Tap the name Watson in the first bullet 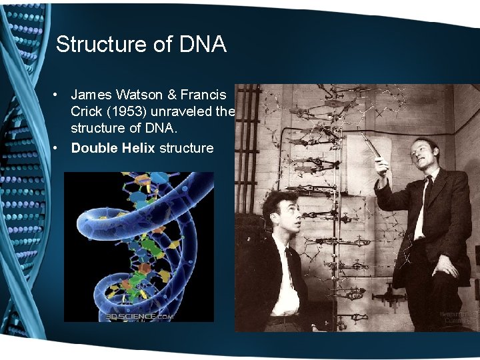pos(140,95)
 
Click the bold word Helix pos(137,147)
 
